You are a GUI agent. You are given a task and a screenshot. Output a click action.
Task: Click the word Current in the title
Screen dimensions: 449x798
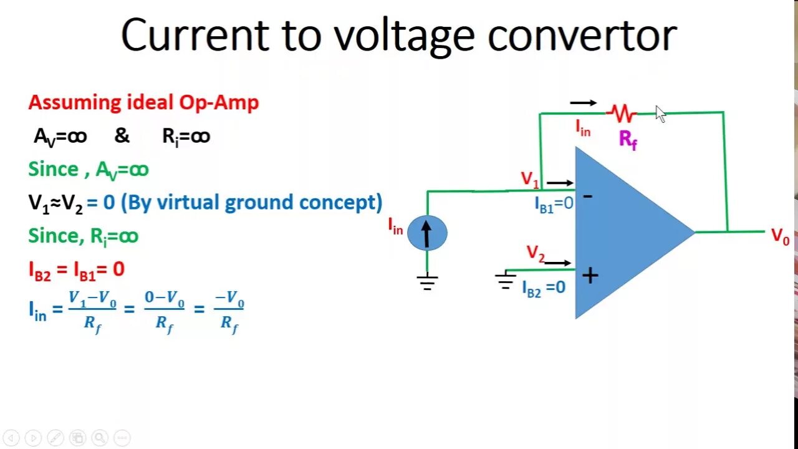(x=190, y=36)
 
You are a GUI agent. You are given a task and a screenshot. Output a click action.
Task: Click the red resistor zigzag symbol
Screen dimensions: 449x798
(x=622, y=113)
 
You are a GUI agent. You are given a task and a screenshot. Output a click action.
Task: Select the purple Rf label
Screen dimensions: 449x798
(x=628, y=139)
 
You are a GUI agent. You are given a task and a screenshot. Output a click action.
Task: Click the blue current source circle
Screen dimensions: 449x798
(x=427, y=233)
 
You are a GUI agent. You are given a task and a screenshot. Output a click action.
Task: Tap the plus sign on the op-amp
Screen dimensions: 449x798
(x=589, y=275)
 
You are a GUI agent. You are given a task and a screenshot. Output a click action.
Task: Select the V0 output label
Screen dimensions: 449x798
(x=780, y=236)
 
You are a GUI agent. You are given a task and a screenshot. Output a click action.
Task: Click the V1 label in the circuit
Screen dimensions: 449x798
(x=530, y=180)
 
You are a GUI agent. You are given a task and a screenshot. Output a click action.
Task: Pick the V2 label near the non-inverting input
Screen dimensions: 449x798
(x=536, y=253)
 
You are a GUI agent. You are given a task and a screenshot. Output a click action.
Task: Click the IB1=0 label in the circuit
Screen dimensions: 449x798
(x=554, y=204)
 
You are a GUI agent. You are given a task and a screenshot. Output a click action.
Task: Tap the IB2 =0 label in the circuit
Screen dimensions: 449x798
(x=544, y=287)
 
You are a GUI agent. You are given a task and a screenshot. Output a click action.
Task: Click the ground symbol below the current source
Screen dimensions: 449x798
(x=427, y=282)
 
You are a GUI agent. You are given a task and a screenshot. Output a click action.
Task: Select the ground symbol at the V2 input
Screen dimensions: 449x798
(x=505, y=281)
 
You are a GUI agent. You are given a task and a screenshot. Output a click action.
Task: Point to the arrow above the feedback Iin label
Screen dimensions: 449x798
(x=583, y=103)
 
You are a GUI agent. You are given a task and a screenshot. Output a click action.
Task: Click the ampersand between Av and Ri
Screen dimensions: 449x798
(x=122, y=136)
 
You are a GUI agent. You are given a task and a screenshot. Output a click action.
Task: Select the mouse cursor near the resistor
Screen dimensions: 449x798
(x=660, y=114)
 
